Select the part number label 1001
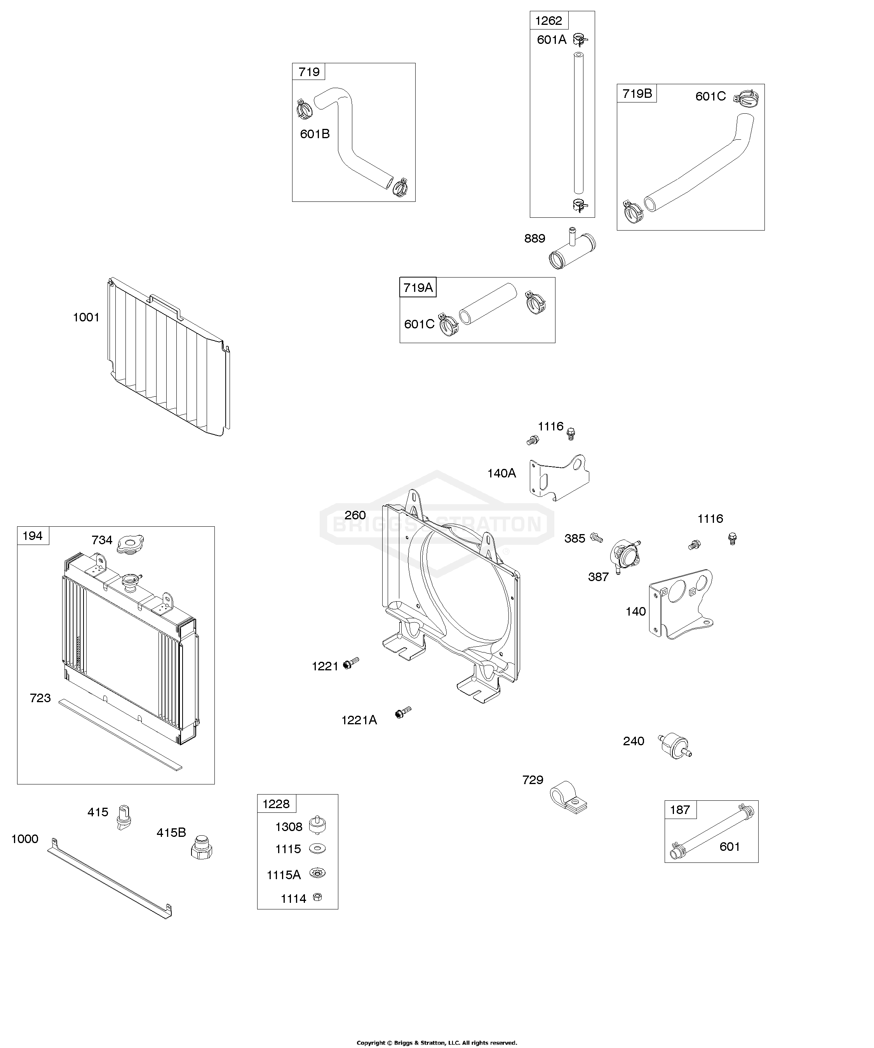(86, 318)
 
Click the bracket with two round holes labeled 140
(681, 604)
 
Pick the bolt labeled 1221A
(402, 712)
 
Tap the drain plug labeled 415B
(202, 847)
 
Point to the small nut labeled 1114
(317, 897)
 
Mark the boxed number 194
(33, 536)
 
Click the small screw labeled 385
(596, 537)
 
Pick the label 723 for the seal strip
(40, 698)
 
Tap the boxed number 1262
(549, 21)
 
